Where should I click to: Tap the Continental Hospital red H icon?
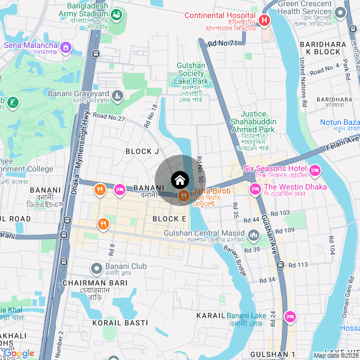tap(264, 21)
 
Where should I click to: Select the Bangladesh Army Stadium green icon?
tap(117, 15)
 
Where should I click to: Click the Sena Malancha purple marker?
tap(66, 47)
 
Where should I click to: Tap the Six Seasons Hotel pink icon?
tap(314, 169)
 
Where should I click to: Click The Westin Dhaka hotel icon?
tap(254, 188)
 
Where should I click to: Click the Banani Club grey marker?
tap(97, 268)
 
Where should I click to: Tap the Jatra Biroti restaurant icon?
tap(183, 197)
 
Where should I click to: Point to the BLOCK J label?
tap(142, 151)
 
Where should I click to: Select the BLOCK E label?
tap(169, 219)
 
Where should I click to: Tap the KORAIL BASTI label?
tap(120, 323)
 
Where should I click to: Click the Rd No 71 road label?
tap(222, 43)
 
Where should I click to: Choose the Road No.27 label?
tap(109, 118)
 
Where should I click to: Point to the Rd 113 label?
tap(299, 265)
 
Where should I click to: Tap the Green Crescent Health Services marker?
tap(339, 13)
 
